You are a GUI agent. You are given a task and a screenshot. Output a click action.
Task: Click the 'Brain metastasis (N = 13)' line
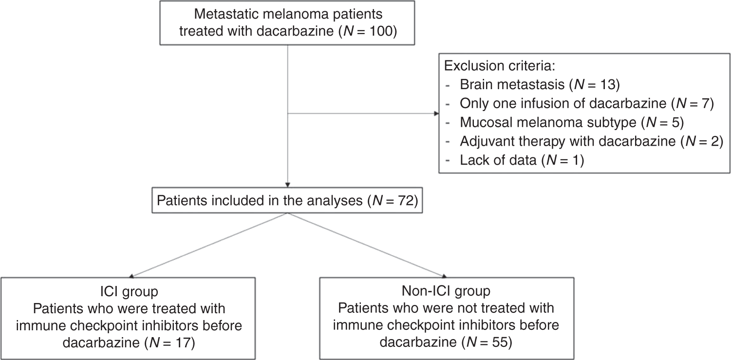pyautogui.click(x=539, y=86)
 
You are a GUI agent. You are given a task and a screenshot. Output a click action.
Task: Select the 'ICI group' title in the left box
pyautogui.click(x=129, y=291)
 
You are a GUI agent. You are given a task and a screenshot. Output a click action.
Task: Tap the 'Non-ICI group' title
pyautogui.click(x=446, y=291)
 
